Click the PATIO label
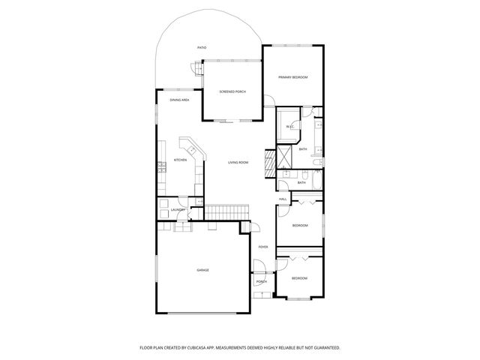pos(202,48)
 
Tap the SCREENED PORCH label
pos(232,91)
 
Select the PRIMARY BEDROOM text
pos(293,77)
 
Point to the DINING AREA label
pos(178,100)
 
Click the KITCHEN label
pos(180,160)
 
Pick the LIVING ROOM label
pos(238,162)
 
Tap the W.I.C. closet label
pos(289,127)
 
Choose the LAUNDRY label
pos(178,210)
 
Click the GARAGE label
pos(202,270)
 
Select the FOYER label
pos(263,247)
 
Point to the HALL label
pos(283,199)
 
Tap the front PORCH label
pos(262,282)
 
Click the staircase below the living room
pos(226,212)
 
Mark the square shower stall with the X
pos(285,156)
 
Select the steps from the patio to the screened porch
pos(198,69)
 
